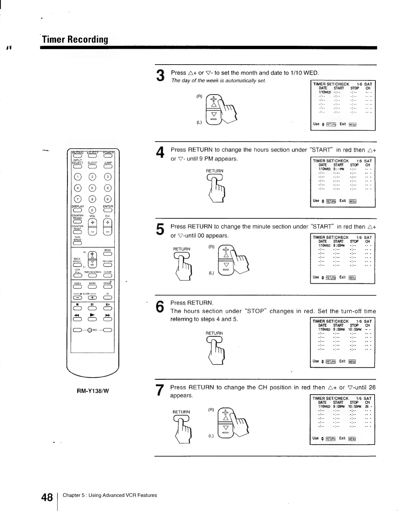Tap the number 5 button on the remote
click(x=92, y=188)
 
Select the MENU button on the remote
click(x=108, y=254)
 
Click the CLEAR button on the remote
click(x=108, y=276)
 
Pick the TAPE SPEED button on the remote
click(x=77, y=244)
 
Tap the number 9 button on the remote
click(x=108, y=199)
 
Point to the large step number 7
click(x=160, y=391)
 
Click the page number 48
click(x=47, y=497)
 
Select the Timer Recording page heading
click(x=75, y=40)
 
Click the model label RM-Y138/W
click(x=93, y=391)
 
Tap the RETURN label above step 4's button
click(x=215, y=171)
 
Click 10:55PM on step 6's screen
click(x=355, y=329)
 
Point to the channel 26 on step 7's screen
click(x=367, y=406)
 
